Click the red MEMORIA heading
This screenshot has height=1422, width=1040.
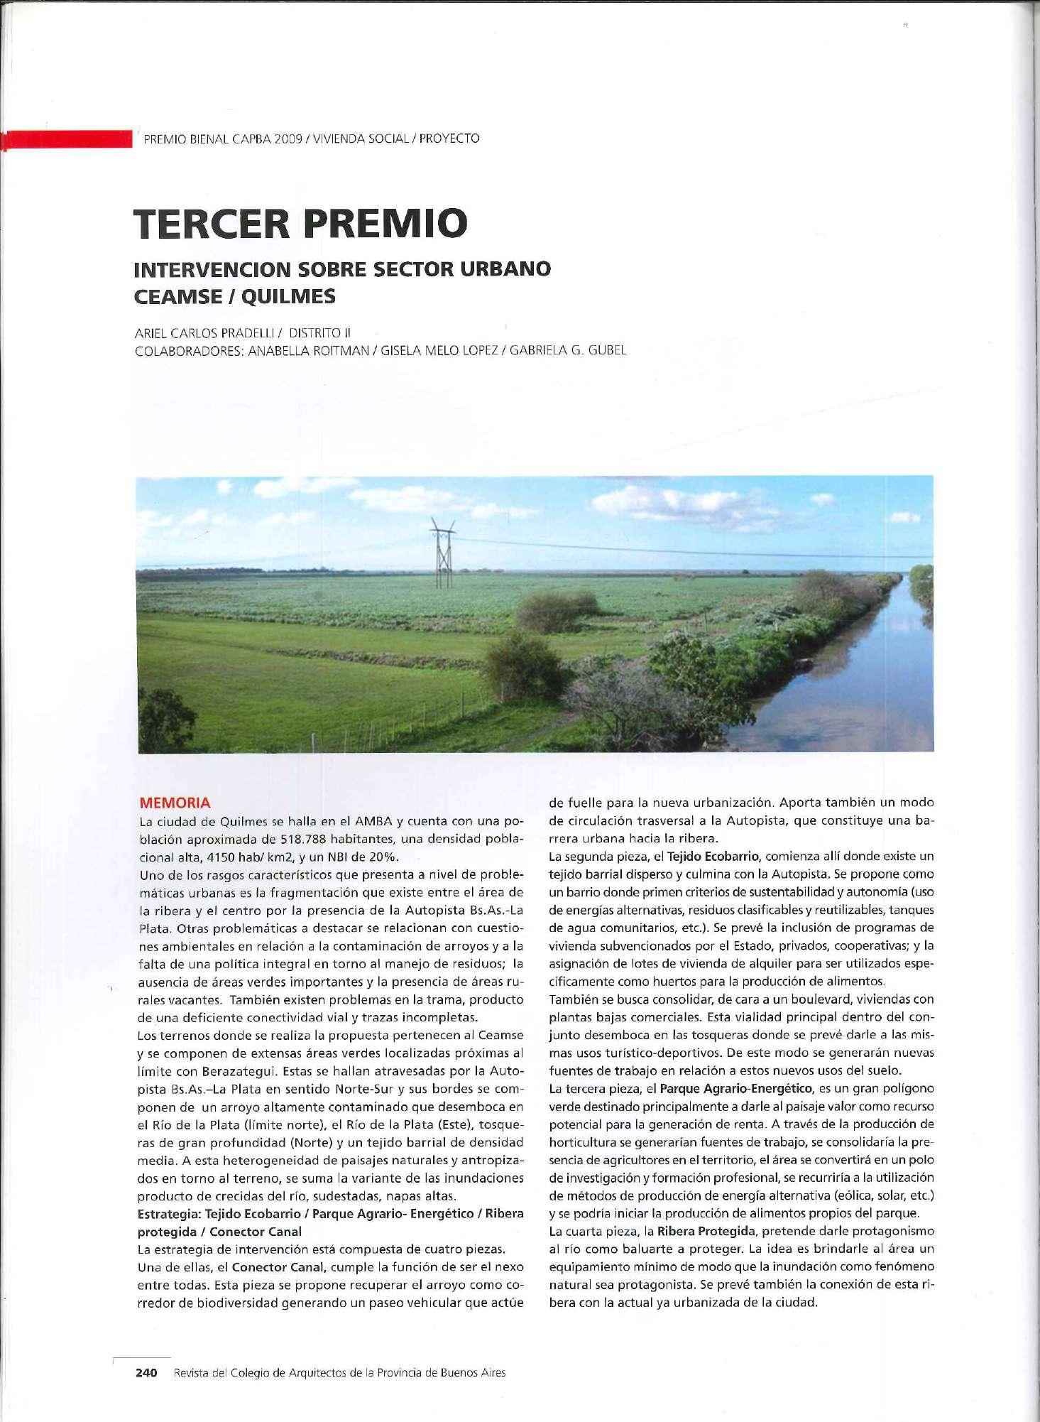click(175, 803)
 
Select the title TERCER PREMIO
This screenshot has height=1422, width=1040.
click(302, 222)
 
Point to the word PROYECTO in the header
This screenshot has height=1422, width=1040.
click(449, 139)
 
